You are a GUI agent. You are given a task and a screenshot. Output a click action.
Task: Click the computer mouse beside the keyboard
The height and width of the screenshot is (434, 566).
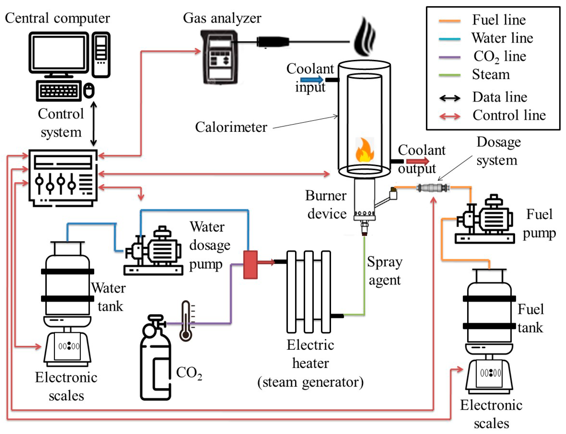pyautogui.click(x=89, y=91)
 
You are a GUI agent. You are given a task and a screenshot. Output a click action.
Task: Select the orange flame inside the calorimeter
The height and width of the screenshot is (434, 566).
pyautogui.click(x=364, y=151)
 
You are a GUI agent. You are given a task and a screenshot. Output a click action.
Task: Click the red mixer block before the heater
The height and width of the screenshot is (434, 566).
pyautogui.click(x=250, y=265)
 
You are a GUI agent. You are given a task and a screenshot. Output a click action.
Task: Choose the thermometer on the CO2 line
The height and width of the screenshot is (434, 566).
pyautogui.click(x=186, y=321)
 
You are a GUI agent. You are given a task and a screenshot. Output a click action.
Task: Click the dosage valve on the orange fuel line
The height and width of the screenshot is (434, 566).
pyautogui.click(x=433, y=188)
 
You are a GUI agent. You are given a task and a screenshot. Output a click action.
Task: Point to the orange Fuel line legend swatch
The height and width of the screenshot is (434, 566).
pyautogui.click(x=450, y=21)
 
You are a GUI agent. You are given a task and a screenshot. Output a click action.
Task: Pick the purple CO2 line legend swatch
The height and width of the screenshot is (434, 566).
pyautogui.click(x=450, y=57)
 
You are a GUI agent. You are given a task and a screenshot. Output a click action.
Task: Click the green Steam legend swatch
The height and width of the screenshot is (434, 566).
pyautogui.click(x=450, y=75)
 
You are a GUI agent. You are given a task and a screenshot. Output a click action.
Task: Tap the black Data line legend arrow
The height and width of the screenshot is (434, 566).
pyautogui.click(x=450, y=98)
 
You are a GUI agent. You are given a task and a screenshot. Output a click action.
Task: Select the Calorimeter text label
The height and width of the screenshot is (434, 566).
pyautogui.click(x=231, y=127)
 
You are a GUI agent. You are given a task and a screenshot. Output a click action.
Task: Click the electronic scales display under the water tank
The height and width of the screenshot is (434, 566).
pyautogui.click(x=69, y=346)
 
